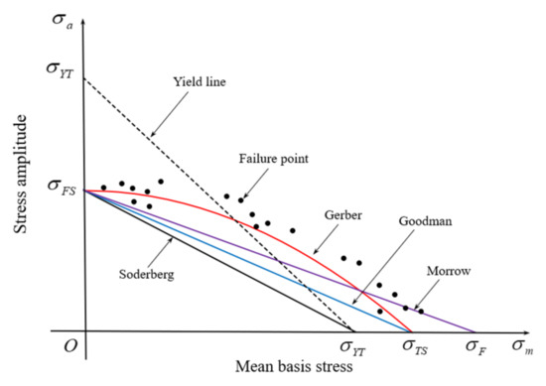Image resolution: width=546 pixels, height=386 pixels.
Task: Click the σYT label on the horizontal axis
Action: pos(356,348)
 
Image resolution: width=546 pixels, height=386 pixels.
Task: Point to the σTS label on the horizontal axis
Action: pos(413,348)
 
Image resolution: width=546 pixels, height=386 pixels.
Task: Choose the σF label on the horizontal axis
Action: pos(477,348)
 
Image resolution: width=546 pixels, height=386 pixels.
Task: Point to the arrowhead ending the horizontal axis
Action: pos(502,332)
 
